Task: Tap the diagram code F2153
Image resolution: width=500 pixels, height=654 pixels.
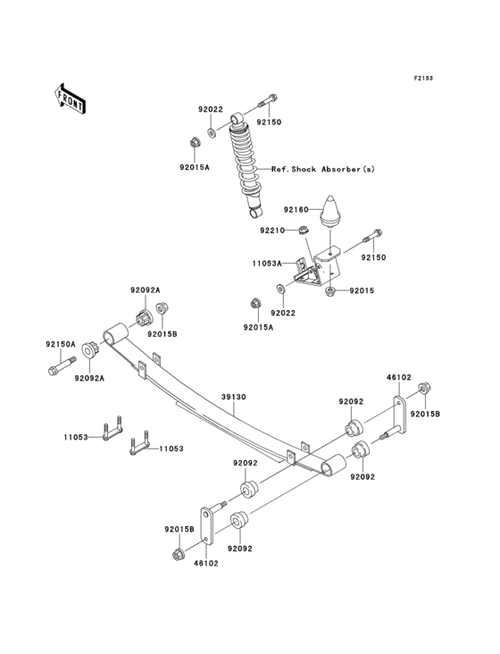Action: (x=422, y=79)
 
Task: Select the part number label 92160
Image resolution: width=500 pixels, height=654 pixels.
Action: (x=296, y=209)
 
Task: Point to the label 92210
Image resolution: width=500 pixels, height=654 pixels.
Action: (x=272, y=231)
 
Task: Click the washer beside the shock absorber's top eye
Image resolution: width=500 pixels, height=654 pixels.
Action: (x=212, y=132)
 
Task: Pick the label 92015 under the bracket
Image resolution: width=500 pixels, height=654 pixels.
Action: (x=362, y=290)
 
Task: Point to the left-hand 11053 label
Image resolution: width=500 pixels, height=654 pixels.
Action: (x=76, y=437)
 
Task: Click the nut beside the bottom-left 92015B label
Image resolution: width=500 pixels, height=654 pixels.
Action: (x=178, y=555)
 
